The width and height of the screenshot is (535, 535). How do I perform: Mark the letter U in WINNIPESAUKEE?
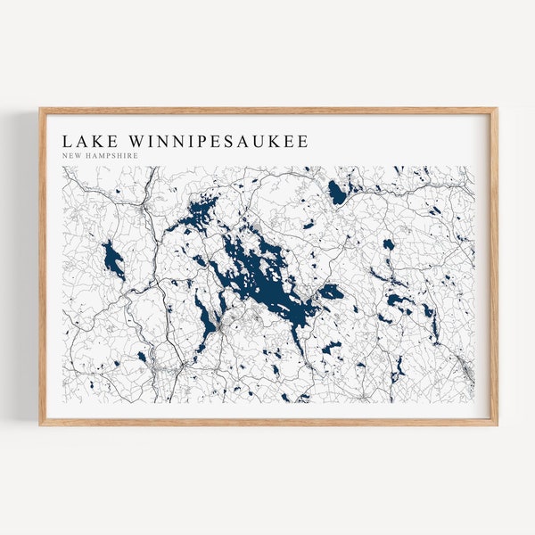(x=261, y=142)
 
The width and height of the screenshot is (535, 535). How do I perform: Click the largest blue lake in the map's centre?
(x=263, y=276)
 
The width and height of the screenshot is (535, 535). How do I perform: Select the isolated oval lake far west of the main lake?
(x=113, y=259)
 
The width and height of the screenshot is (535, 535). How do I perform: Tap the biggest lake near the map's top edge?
(x=336, y=192)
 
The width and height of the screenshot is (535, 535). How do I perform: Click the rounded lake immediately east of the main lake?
(x=331, y=292)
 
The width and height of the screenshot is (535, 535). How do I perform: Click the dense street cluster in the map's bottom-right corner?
(x=463, y=366)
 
